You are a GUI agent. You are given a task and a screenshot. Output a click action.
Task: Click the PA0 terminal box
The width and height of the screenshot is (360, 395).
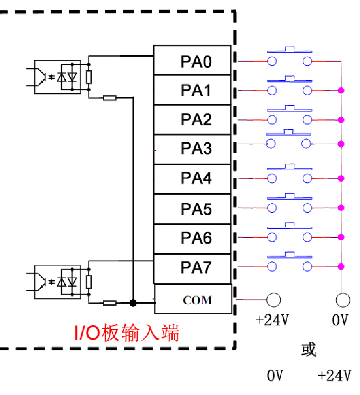pos(192,61)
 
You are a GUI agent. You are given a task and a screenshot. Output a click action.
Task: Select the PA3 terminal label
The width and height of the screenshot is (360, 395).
pos(196,148)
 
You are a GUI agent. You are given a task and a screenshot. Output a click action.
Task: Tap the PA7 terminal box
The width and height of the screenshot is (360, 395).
pos(192,268)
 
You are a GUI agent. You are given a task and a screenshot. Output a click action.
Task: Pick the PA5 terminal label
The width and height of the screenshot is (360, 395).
pos(196,209)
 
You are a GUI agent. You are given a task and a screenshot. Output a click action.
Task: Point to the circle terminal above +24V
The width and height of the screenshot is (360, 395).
pos(274,300)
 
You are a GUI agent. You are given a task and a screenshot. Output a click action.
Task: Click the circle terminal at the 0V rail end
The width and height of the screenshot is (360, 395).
pos(343,300)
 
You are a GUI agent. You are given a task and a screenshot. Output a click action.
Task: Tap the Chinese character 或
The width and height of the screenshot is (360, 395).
pos(309,349)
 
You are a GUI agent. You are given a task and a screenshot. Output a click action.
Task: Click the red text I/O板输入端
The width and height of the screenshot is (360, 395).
pos(126,333)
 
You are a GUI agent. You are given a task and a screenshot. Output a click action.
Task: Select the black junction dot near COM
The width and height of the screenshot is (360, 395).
pos(133,303)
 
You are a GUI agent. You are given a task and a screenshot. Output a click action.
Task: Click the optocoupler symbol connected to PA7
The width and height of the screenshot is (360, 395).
pos(57,281)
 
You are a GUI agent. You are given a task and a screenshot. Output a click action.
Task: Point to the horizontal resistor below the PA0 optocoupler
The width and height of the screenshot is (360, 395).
pos(110,98)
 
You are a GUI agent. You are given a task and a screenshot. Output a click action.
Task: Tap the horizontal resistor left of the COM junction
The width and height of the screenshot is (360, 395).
pos(110,303)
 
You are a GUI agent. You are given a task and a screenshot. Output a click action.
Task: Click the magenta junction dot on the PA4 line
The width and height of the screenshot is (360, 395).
pos(341,178)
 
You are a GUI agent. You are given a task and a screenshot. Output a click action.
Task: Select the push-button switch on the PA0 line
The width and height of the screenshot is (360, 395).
pos(289,57)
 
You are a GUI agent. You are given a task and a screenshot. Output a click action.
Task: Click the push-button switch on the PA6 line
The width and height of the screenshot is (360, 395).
pos(289,233)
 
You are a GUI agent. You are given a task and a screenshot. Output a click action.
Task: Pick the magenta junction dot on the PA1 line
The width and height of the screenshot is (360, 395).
pos(341,90)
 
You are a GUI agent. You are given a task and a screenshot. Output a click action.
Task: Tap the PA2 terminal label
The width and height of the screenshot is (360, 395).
pos(196,119)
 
